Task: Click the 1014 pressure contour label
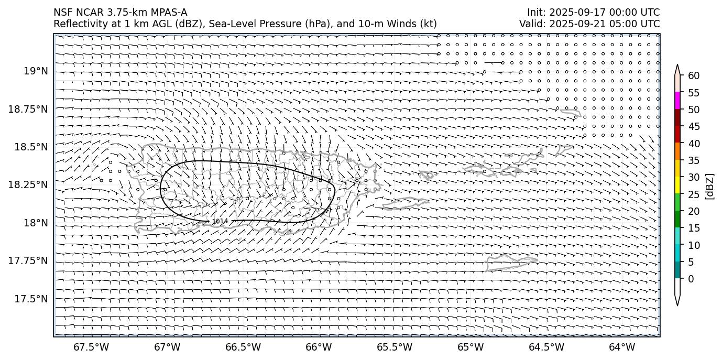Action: [x=220, y=221]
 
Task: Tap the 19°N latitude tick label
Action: [x=36, y=71]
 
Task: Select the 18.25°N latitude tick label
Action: [x=29, y=185]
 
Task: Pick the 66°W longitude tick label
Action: [x=319, y=347]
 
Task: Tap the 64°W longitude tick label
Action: [x=622, y=347]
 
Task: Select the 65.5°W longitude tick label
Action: [x=395, y=347]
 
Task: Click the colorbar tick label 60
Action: [x=694, y=75]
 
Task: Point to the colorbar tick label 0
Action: [x=691, y=279]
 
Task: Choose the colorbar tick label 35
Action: [x=694, y=160]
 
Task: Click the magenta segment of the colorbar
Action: [x=677, y=101]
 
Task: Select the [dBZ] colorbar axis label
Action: [x=710, y=186]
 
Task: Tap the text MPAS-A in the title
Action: [x=168, y=13]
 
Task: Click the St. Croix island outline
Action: [x=511, y=263]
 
